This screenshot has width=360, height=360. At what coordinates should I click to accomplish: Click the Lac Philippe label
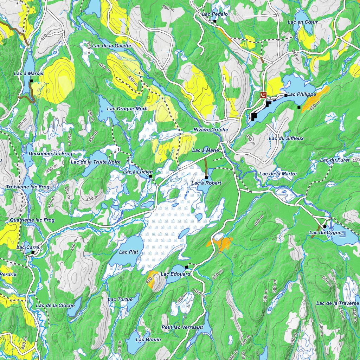(302, 94)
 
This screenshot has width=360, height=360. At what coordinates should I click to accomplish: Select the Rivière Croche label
(211, 130)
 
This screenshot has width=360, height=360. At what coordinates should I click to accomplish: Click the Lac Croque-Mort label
(127, 109)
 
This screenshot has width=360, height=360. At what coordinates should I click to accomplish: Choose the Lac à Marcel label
(28, 73)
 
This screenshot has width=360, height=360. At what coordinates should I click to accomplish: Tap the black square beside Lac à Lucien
(150, 176)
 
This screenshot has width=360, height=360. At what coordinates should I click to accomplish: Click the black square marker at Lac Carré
(33, 252)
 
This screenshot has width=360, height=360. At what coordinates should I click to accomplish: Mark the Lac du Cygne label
(325, 233)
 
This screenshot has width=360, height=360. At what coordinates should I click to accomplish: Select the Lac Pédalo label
(215, 14)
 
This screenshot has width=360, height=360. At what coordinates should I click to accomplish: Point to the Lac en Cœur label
(302, 22)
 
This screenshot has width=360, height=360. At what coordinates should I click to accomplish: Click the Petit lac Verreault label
(182, 327)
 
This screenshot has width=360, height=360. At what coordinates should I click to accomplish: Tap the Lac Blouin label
(148, 339)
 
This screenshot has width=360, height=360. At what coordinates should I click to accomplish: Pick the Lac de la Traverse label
(337, 303)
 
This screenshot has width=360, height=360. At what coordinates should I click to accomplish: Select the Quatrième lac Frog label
(32, 220)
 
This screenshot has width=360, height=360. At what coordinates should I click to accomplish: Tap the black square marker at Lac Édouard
(187, 267)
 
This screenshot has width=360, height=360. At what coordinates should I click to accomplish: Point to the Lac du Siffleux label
(286, 138)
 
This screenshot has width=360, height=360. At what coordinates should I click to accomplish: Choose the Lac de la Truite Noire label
(96, 162)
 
